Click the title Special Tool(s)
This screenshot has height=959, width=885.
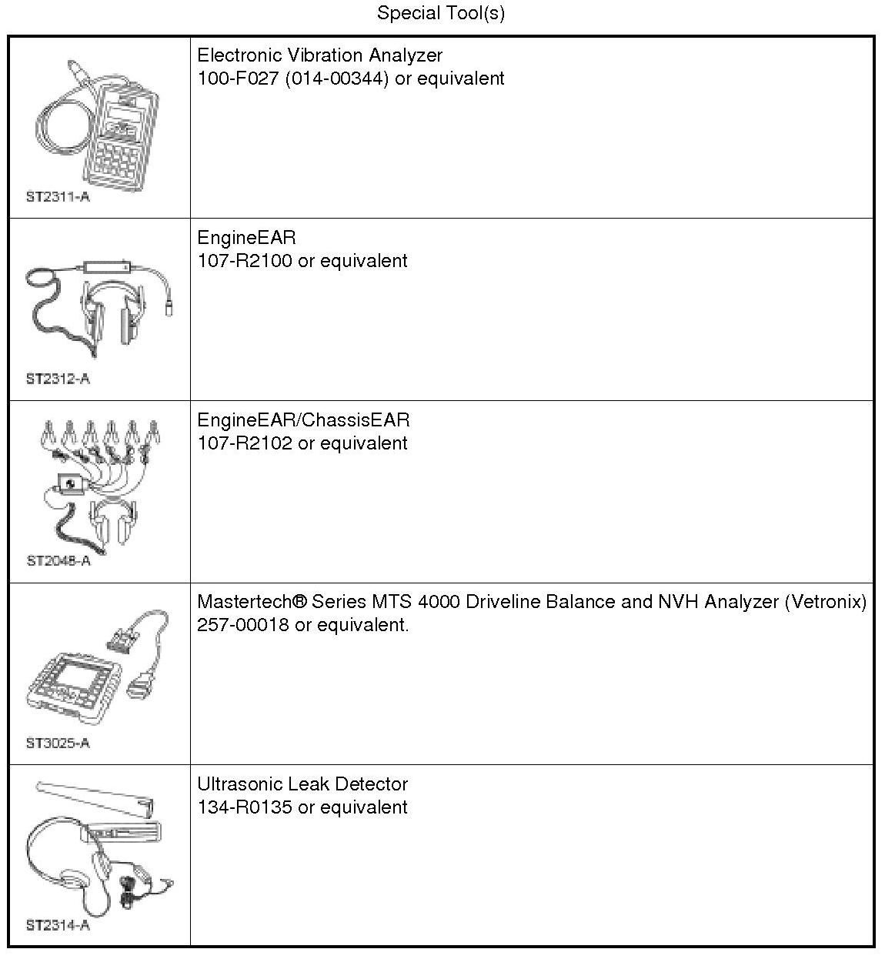(x=441, y=13)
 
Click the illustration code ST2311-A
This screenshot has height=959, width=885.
(x=58, y=196)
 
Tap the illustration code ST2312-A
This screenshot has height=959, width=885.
(x=58, y=379)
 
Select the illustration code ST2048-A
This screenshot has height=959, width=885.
(x=58, y=560)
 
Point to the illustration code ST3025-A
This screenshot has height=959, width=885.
(x=58, y=743)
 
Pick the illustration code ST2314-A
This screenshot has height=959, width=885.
(x=58, y=925)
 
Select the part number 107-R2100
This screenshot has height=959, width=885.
(x=245, y=261)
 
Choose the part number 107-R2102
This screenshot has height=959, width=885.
(x=245, y=443)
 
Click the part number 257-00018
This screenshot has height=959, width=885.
(x=243, y=625)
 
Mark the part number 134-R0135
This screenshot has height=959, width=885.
(x=245, y=807)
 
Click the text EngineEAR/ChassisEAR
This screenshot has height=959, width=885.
(x=303, y=420)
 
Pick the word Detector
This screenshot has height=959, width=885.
(x=373, y=784)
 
